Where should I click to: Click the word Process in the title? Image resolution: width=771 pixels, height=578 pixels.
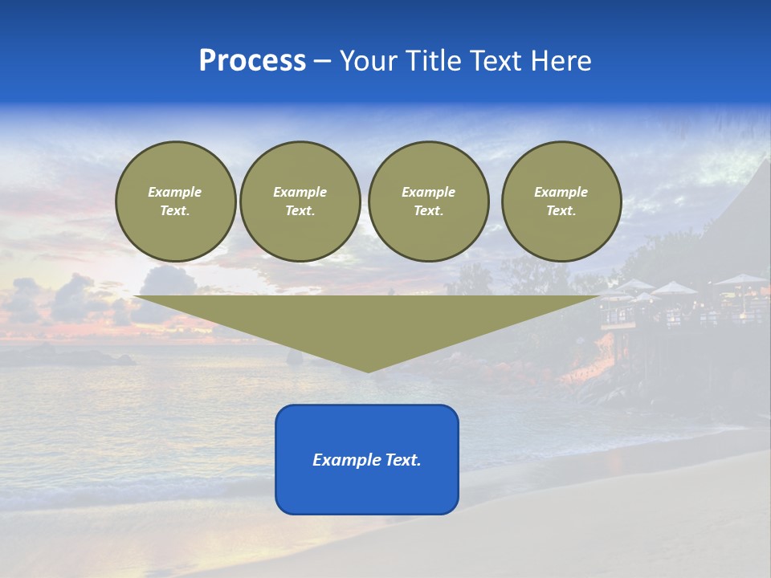[252, 61]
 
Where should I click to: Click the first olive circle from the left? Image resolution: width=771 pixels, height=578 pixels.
[176, 201]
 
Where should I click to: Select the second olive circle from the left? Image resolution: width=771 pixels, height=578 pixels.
[300, 201]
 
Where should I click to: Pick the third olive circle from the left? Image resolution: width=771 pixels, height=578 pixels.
[429, 201]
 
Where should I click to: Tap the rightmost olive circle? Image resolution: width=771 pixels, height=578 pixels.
[561, 201]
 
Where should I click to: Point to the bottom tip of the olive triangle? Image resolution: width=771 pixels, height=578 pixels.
[368, 371]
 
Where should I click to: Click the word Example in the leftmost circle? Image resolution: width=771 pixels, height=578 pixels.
[175, 192]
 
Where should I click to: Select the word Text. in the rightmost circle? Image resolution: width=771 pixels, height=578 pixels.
[561, 211]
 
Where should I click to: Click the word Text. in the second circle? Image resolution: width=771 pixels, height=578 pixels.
[300, 211]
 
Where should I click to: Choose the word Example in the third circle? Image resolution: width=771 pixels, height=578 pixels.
[429, 192]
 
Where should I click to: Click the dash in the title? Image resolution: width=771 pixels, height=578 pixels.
[322, 61]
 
